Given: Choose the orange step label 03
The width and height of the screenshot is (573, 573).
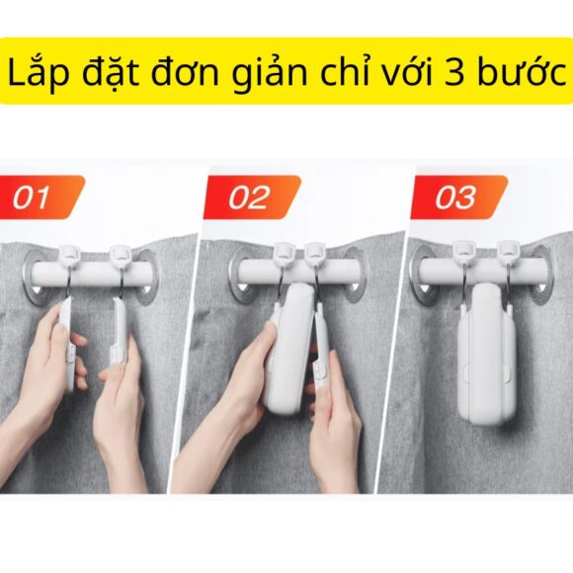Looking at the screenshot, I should (x=455, y=198).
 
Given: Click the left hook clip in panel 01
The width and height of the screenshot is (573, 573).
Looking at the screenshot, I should (x=70, y=259).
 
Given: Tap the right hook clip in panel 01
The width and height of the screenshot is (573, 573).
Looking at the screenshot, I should (x=120, y=259).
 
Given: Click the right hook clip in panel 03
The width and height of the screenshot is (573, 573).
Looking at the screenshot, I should (x=509, y=257).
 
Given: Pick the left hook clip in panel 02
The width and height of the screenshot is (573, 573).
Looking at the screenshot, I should (x=284, y=257).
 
